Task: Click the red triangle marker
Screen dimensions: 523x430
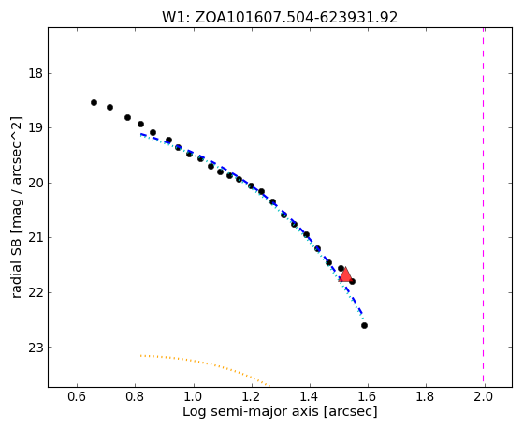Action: [345, 274]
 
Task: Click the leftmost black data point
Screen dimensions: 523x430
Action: [94, 102]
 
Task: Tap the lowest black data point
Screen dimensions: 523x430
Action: [364, 325]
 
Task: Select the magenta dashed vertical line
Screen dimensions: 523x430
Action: [484, 207]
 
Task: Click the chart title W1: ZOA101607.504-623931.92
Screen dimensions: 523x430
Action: [280, 18]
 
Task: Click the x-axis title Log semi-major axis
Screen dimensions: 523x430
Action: [280, 411]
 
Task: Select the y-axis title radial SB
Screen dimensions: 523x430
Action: [16, 207]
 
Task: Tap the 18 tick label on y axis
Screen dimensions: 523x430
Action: [36, 73]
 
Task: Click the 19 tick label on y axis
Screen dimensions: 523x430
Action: [36, 128]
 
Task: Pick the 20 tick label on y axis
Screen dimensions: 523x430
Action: [36, 183]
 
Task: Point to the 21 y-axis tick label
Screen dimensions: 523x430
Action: [36, 238]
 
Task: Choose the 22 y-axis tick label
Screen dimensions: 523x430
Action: [36, 292]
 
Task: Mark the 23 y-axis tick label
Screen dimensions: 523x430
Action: [36, 348]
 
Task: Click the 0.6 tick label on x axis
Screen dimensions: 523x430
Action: [77, 396]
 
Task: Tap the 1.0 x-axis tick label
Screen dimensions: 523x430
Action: [194, 396]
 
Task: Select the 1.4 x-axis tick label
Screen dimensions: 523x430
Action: [310, 396]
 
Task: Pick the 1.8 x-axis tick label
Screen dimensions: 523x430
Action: [426, 396]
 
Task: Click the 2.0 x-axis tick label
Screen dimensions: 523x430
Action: [484, 396]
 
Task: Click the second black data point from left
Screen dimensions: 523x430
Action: [109, 107]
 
